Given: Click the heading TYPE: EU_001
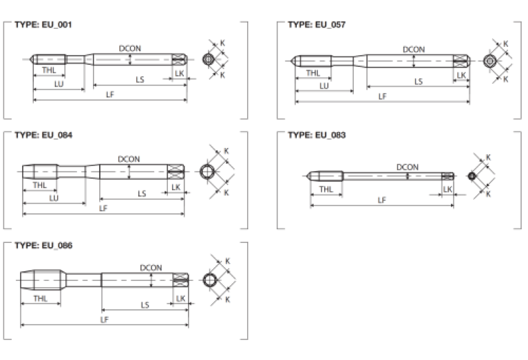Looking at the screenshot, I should click(x=43, y=24).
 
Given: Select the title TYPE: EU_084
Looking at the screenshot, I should click(x=43, y=135).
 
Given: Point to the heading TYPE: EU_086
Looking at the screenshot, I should click(x=43, y=245).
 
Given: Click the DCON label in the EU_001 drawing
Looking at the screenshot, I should click(x=130, y=49).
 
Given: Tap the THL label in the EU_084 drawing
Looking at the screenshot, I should click(x=40, y=184).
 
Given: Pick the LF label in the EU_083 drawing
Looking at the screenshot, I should click(x=381, y=200).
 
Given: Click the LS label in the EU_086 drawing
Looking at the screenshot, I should click(x=144, y=304).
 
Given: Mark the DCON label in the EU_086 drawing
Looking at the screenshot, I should click(x=151, y=267).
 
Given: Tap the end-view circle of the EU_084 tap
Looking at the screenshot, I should click(x=208, y=171).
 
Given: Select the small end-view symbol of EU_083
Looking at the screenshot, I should click(x=471, y=177).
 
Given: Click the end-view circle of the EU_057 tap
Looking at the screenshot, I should click(x=489, y=61).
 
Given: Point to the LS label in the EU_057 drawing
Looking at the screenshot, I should click(x=418, y=81).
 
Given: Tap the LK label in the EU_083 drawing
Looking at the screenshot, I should click(x=448, y=189).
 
